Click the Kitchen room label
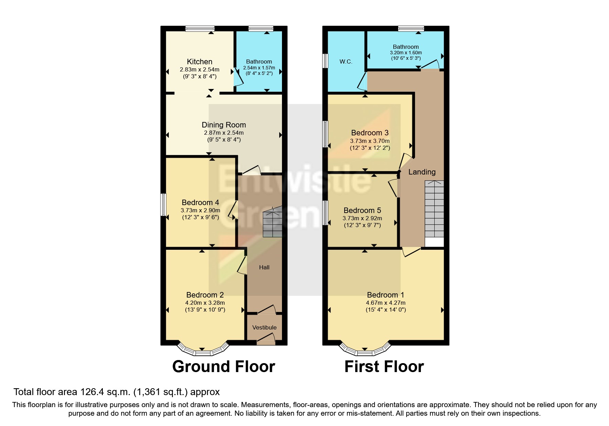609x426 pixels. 199,62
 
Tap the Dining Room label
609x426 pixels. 224,125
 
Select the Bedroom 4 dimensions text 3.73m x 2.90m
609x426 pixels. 200,210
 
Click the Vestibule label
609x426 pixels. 264,327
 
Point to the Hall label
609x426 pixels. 264,267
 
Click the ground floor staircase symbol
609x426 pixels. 272,224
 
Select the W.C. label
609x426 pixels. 346,62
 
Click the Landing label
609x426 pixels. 422,172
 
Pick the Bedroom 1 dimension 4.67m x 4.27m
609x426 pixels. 385,303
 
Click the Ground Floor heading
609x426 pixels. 224,367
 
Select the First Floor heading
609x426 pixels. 384,367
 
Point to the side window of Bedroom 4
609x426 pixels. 164,205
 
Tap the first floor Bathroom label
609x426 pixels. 406,47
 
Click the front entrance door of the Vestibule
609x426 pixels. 266,341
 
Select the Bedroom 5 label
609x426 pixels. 362,211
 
